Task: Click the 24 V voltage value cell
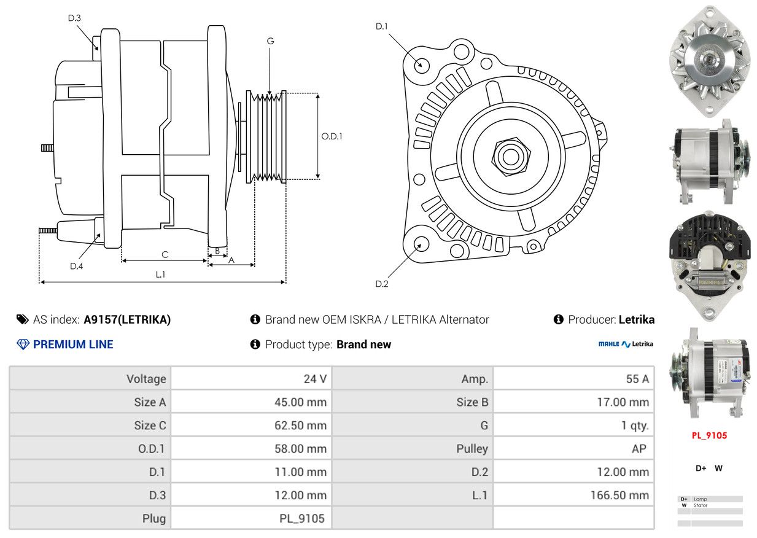coord(315,379)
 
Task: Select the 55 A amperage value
coord(637,379)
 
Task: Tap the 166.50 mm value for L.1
coord(619,495)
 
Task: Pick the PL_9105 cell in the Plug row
coord(301,518)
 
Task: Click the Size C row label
coord(150,426)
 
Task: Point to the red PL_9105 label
coord(709,435)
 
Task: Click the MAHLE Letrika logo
coord(626,344)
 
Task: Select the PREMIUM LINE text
coord(73,345)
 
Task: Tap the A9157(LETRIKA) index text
coord(127,319)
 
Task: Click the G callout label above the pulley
coord(270,41)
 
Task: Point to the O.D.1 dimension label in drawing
coord(332,136)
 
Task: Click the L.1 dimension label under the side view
coord(160,275)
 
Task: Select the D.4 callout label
coord(76,266)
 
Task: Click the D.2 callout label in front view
coord(382,284)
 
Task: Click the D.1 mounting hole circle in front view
coord(421,64)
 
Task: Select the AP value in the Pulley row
coord(639,449)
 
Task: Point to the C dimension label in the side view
coord(165,254)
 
